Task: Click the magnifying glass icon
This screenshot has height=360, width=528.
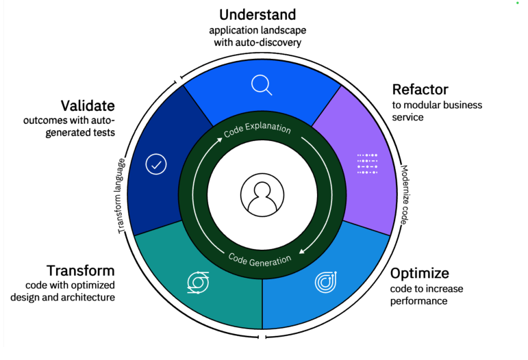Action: pos(262,85)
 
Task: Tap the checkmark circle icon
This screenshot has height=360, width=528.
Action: pos(157,165)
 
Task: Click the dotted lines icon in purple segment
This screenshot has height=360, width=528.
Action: pos(367,164)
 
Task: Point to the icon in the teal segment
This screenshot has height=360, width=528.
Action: pos(198,282)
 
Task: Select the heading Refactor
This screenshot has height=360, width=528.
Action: pos(420,90)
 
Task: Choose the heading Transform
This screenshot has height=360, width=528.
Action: pos(80,270)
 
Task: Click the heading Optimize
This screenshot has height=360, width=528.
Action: pos(420,274)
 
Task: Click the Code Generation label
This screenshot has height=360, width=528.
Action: pos(260,259)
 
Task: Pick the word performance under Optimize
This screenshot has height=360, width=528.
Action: pos(418,301)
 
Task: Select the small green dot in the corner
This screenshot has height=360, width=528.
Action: pos(518,3)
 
